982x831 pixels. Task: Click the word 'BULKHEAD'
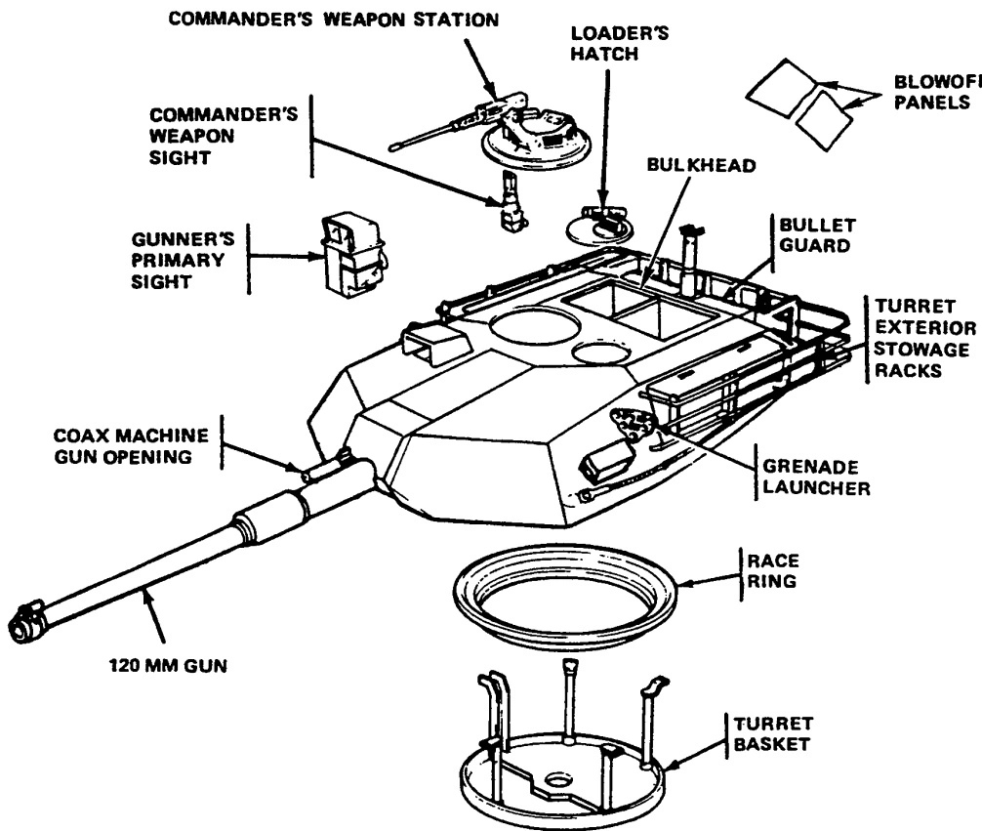coord(702,166)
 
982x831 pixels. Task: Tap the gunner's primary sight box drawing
coord(348,250)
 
